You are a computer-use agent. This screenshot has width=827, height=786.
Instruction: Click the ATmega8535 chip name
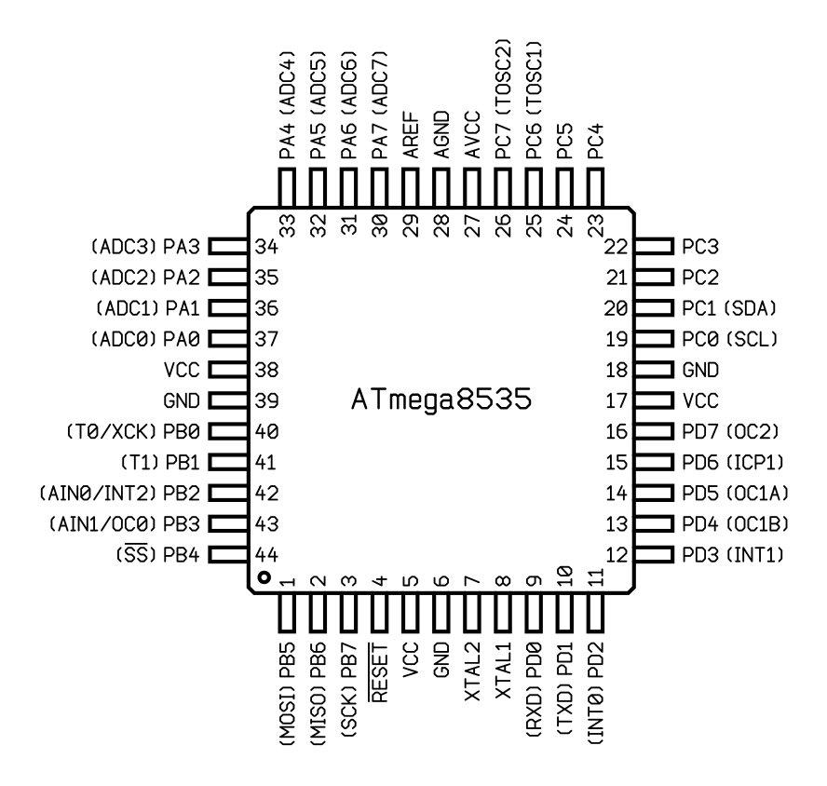pyautogui.click(x=441, y=400)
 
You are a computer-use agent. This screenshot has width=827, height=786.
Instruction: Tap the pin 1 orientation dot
pyautogui.click(x=264, y=577)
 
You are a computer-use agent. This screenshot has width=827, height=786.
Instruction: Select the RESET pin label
pyautogui.click(x=379, y=672)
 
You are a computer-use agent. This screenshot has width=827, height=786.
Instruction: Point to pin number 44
pyautogui.click(x=266, y=555)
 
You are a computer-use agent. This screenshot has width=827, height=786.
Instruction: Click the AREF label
pyautogui.click(x=411, y=134)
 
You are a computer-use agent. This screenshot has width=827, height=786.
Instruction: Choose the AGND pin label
pyautogui.click(x=441, y=134)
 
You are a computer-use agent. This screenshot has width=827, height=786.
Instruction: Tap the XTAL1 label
pyautogui.click(x=503, y=671)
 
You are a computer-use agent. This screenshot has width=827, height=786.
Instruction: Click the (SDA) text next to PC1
pyautogui.click(x=751, y=308)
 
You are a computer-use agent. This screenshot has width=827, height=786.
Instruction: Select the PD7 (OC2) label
pyautogui.click(x=730, y=431)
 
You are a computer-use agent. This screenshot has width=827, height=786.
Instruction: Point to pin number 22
pyautogui.click(x=616, y=247)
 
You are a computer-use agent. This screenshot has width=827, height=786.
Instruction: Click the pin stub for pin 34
pyautogui.click(x=228, y=247)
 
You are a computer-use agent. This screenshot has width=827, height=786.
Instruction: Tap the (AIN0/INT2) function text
pyautogui.click(x=99, y=494)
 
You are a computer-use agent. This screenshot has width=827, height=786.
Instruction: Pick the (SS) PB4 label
pyautogui.click(x=157, y=554)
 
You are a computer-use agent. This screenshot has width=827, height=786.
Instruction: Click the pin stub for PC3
pyautogui.click(x=654, y=247)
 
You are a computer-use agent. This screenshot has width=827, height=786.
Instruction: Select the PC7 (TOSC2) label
pyautogui.click(x=503, y=99)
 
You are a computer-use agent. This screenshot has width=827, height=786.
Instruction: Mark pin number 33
pyautogui.click(x=288, y=224)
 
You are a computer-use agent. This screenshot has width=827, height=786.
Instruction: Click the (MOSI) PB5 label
pyautogui.click(x=287, y=694)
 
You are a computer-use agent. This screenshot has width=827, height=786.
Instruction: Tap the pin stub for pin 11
pyautogui.click(x=595, y=613)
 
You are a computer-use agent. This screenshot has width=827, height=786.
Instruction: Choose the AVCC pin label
pyautogui.click(x=472, y=134)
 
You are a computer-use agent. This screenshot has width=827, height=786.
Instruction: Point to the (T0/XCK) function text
pyautogui.click(x=112, y=431)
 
